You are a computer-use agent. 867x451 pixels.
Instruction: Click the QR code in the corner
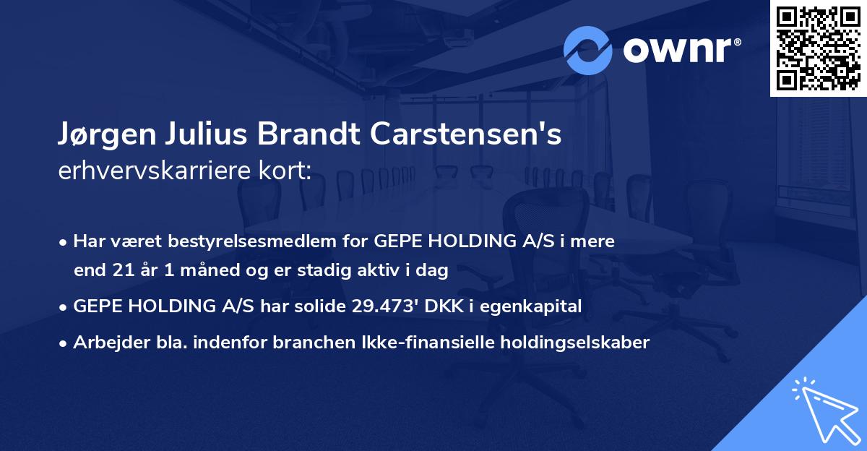point(818,48)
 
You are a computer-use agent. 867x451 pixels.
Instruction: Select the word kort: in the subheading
point(285,171)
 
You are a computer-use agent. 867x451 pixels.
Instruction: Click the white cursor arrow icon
point(824,408)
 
